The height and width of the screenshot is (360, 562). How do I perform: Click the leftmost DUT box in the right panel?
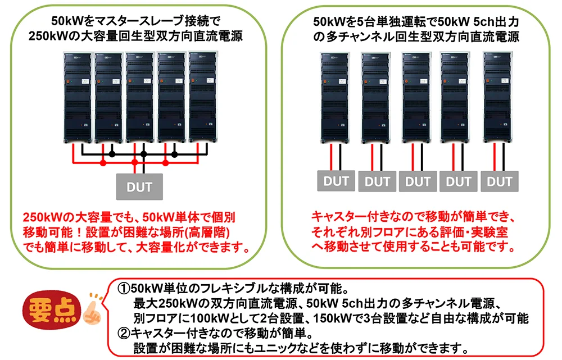click(x=336, y=181)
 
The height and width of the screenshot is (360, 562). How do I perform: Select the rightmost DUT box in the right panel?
click(x=499, y=181)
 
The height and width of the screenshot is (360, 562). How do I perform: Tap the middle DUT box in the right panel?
click(x=418, y=181)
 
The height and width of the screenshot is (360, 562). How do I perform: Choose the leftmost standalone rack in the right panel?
click(x=336, y=97)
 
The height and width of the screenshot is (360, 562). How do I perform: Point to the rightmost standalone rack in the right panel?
click(x=498, y=97)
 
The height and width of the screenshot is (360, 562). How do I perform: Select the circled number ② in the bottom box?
click(x=123, y=332)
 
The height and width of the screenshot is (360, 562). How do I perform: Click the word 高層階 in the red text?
click(x=205, y=231)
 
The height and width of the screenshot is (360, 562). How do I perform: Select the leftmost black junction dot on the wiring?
click(x=112, y=153)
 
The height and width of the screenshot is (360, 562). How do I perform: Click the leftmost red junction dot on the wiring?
click(x=103, y=163)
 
